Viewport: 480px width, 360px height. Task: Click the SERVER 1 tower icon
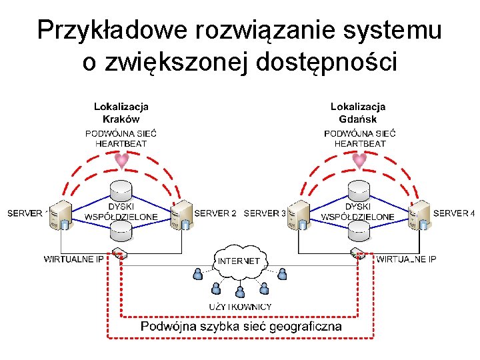coord(59,215)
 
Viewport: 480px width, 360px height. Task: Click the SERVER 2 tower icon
coord(181,215)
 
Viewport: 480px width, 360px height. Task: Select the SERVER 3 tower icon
coord(299,215)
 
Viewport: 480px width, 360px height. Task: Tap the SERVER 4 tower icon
coord(418,215)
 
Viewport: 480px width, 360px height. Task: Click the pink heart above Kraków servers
coord(121,161)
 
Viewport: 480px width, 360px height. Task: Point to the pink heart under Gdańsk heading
coord(359,161)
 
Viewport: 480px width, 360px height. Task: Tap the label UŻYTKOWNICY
coord(240,307)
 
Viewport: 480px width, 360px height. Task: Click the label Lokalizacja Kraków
coord(121,113)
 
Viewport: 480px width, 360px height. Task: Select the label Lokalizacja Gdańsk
coord(358,113)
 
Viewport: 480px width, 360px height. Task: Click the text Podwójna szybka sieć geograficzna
coord(241,326)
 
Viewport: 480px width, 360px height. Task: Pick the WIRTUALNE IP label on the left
coord(73,259)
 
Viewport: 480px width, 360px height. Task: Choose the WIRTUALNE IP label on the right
coord(406,259)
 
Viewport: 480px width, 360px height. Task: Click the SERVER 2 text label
coord(215,213)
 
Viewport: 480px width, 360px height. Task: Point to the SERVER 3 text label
coord(265,213)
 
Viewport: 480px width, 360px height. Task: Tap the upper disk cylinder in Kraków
coord(121,188)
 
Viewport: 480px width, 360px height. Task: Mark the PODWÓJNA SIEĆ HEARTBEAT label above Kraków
coord(121,138)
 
